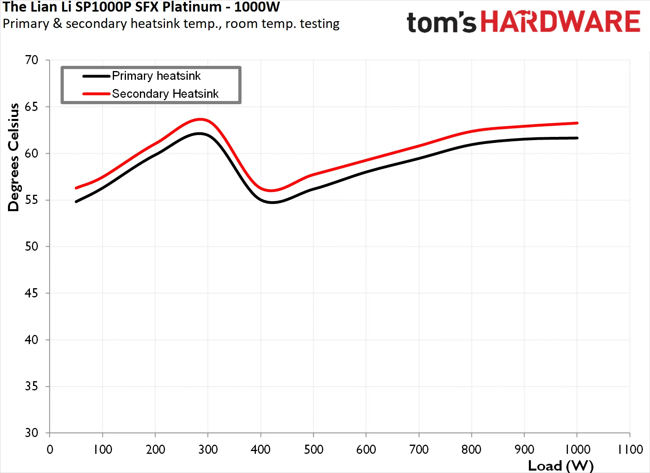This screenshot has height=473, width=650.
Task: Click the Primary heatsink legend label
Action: [x=156, y=76]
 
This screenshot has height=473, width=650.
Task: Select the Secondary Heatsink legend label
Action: [x=165, y=94]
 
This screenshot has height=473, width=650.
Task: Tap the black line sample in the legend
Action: [x=96, y=76]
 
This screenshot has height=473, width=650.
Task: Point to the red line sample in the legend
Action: [x=96, y=94]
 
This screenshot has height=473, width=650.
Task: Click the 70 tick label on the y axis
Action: [x=31, y=60]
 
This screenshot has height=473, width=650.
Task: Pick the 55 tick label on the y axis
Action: [x=31, y=200]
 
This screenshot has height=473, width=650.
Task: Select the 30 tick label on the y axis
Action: [x=31, y=433]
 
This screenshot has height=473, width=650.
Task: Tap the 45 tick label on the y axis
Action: [x=31, y=293]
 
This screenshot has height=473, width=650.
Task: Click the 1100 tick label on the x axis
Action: [x=630, y=449]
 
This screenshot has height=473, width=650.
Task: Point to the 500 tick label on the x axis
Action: [x=313, y=449]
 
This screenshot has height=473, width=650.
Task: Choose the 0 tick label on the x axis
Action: [x=50, y=449]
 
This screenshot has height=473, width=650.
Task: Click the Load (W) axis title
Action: [x=561, y=466]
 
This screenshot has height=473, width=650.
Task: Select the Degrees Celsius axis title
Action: [x=13, y=157]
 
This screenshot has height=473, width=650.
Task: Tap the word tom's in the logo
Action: [x=441, y=22]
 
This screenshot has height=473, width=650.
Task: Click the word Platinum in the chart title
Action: [x=192, y=7]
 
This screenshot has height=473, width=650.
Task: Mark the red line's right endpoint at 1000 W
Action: [x=577, y=123]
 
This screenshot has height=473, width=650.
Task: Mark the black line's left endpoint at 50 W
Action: [x=76, y=202]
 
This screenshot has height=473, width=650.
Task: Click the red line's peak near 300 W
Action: [x=200, y=119]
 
